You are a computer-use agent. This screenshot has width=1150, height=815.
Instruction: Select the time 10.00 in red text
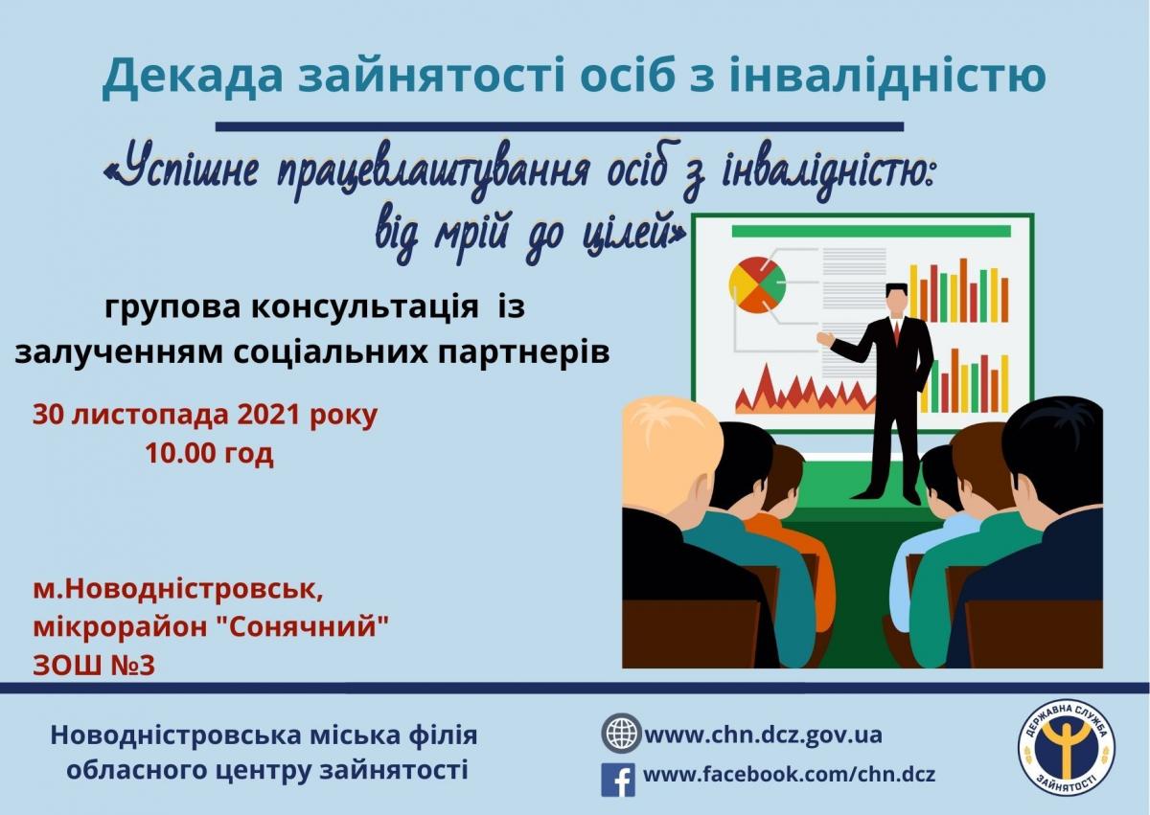178,452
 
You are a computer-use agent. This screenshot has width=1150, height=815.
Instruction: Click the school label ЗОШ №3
94,666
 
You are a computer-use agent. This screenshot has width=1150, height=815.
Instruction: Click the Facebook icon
617,780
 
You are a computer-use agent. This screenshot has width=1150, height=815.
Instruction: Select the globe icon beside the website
621,733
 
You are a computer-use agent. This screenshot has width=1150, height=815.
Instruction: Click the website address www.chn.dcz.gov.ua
764,734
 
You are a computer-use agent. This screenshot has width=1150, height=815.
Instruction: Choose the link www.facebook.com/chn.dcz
789,774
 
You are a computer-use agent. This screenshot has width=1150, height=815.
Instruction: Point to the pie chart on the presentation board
757,285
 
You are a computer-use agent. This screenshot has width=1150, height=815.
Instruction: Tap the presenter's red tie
896,331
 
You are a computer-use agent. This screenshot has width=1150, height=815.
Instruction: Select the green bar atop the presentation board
871,232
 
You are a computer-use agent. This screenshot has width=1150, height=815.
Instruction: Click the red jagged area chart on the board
805,389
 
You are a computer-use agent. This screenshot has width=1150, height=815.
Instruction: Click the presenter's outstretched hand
825,338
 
